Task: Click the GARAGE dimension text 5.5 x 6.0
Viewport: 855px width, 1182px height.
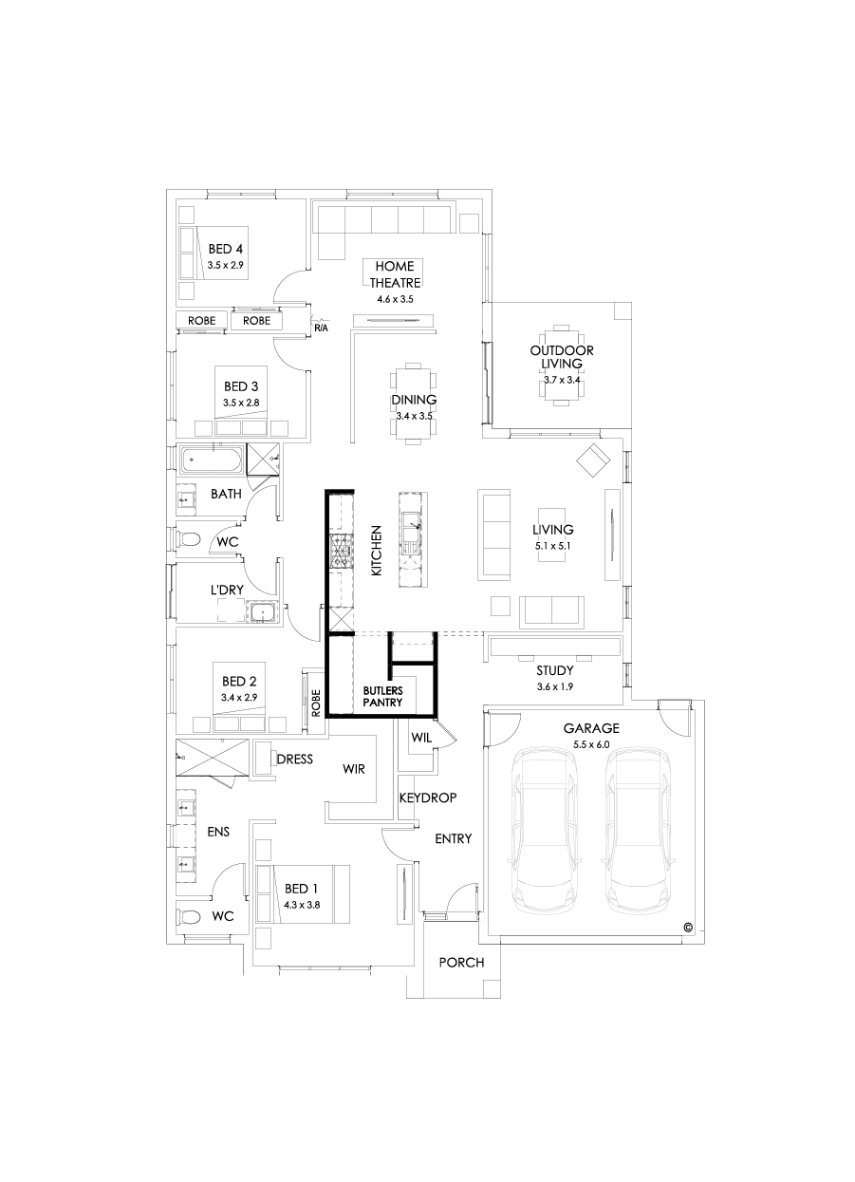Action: (x=591, y=745)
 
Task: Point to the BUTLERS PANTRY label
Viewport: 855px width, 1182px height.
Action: (x=382, y=696)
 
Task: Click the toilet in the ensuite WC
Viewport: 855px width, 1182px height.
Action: (x=192, y=917)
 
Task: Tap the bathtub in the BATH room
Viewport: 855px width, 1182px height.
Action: (x=211, y=461)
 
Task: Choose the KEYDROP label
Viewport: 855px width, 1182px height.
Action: (x=427, y=798)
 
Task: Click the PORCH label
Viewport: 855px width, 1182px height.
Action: (x=461, y=963)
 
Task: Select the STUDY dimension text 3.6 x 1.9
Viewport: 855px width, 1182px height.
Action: (x=554, y=685)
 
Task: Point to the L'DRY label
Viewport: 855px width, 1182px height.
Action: (x=227, y=591)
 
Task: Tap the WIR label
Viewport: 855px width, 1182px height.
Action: (x=354, y=769)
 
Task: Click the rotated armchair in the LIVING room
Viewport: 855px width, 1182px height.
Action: (x=594, y=460)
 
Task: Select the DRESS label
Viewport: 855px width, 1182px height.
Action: (x=294, y=759)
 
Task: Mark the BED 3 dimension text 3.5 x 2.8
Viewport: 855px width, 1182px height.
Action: (x=241, y=403)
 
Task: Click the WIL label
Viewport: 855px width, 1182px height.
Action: (x=421, y=737)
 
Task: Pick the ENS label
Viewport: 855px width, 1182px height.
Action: (x=218, y=832)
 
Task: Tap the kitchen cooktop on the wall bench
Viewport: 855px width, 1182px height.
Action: (x=339, y=551)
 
